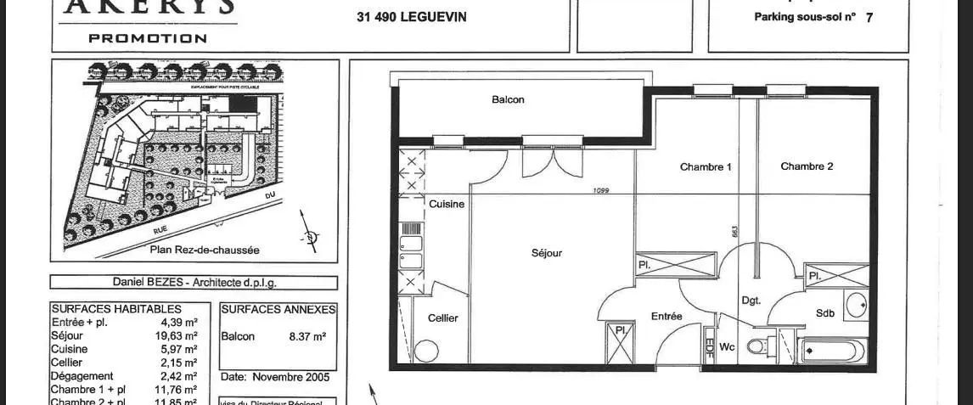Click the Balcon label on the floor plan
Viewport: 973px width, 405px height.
[508, 99]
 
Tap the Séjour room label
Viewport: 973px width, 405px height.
[546, 252]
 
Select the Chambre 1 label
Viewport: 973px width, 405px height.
[706, 166]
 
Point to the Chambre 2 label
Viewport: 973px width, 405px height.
[807, 166]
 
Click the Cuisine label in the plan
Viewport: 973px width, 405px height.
[447, 204]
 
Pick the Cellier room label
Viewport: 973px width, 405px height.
[442, 318]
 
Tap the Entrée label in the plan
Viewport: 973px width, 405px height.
[666, 316]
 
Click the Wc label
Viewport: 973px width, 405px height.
[727, 346]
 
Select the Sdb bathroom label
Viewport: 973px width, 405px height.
[825, 312]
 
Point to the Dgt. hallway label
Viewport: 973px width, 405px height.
[751, 300]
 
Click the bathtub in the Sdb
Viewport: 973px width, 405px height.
[832, 350]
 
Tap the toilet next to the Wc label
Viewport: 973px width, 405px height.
[757, 346]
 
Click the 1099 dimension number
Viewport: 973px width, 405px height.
[601, 190]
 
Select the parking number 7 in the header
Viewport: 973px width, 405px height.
[869, 17]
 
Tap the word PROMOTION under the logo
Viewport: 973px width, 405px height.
[148, 38]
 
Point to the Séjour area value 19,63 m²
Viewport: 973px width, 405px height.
[179, 335]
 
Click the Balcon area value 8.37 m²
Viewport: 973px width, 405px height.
[307, 336]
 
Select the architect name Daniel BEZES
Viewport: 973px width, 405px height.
[149, 283]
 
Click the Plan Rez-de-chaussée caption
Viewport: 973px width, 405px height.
[205, 250]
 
